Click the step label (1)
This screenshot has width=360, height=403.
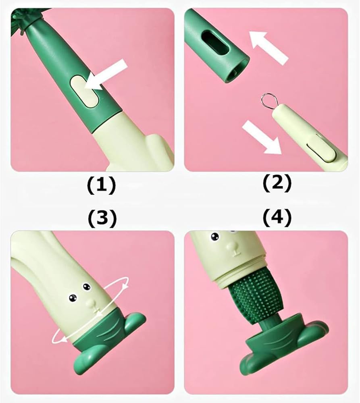pos(102,185)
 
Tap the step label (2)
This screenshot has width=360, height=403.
pos(277,183)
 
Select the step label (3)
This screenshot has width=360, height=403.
pos(102,219)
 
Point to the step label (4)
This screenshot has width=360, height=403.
pos(277,218)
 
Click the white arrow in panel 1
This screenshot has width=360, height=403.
pos(106,75)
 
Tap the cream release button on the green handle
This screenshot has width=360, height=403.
pos(84,91)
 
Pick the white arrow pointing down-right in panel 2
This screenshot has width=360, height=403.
pos(262,137)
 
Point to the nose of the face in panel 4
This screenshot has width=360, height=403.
pos(234,249)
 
